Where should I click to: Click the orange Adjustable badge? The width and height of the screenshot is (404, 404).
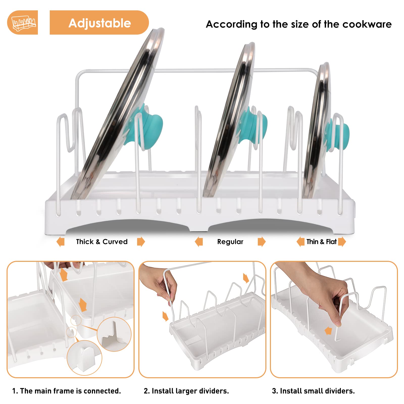99,22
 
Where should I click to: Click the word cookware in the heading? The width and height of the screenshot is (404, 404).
367,24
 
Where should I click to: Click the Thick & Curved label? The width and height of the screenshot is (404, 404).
102,242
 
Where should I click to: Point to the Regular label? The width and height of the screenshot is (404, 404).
230,242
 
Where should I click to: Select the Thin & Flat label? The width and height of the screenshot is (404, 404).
321,242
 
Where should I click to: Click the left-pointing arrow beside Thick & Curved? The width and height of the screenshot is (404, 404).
60,242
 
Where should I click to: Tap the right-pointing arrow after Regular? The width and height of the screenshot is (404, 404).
262,242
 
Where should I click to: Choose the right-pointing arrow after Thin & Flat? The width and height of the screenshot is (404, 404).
342,242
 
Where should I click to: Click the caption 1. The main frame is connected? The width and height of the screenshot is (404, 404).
67,391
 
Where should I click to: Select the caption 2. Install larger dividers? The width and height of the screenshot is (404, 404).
186,391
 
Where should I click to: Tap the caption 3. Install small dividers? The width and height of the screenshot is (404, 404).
313,391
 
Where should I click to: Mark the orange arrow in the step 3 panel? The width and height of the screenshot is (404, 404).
328,331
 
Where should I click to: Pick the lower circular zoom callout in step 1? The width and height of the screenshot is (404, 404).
84,358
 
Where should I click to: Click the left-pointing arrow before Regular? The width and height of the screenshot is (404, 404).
199,242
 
